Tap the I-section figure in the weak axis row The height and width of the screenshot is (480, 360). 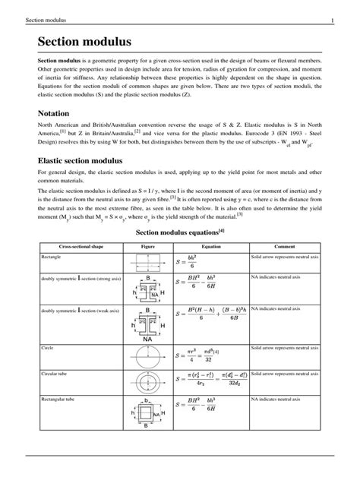click(147, 323)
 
